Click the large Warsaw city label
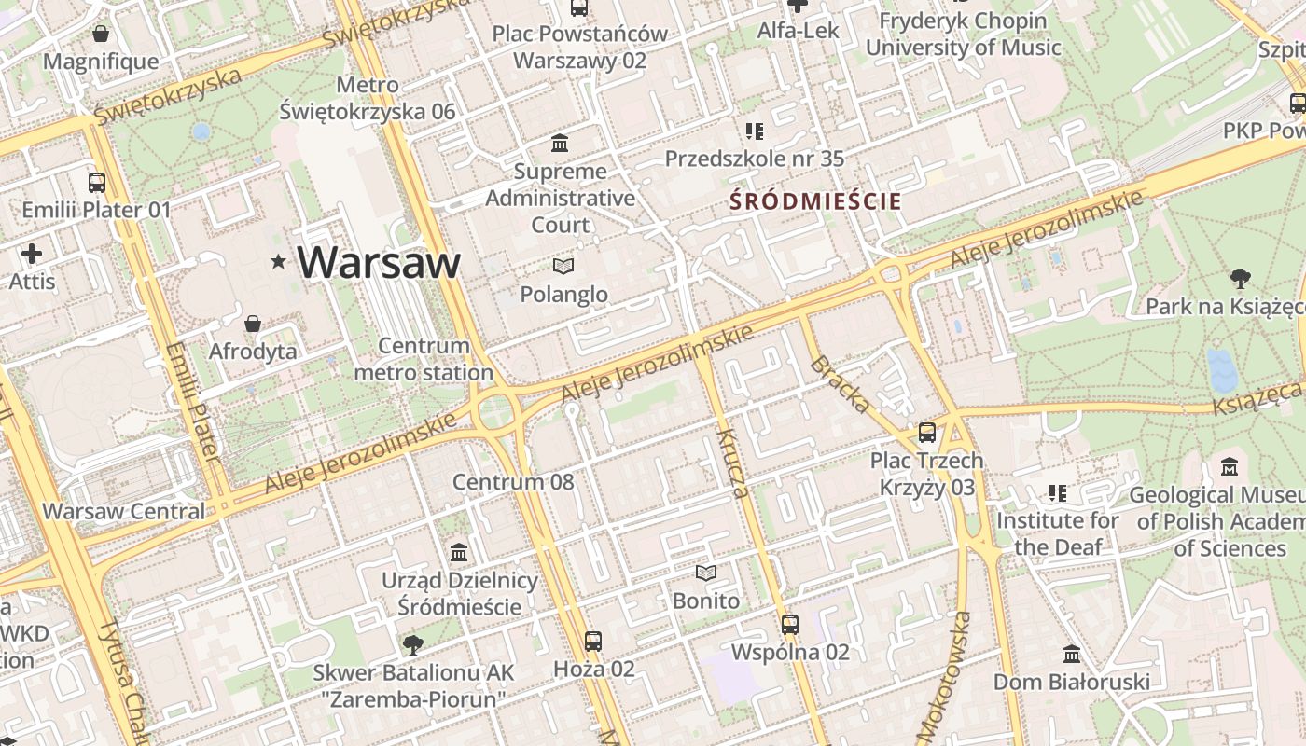pyautogui.click(x=380, y=262)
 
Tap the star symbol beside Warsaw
pyautogui.click(x=278, y=262)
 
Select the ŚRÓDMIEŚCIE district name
pyautogui.click(x=815, y=200)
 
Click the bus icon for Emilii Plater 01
pyautogui.click(x=97, y=182)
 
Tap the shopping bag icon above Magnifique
pyautogui.click(x=101, y=35)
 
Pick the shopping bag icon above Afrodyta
pyautogui.click(x=252, y=324)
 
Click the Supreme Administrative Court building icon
pyautogui.click(x=560, y=144)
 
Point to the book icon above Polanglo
pyautogui.click(x=563, y=267)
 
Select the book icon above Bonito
pyautogui.click(x=706, y=573)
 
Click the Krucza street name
pyautogui.click(x=732, y=463)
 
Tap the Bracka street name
pyautogui.click(x=840, y=384)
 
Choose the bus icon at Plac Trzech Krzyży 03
pyautogui.click(x=926, y=433)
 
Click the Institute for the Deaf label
pyautogui.click(x=1058, y=533)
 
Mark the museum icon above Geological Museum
pyautogui.click(x=1230, y=466)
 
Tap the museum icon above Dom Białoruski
pyautogui.click(x=1071, y=654)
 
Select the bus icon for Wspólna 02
pyautogui.click(x=790, y=624)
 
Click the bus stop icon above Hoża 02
pyautogui.click(x=593, y=642)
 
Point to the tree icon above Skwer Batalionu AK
pyautogui.click(x=410, y=644)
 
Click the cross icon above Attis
pyautogui.click(x=32, y=254)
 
